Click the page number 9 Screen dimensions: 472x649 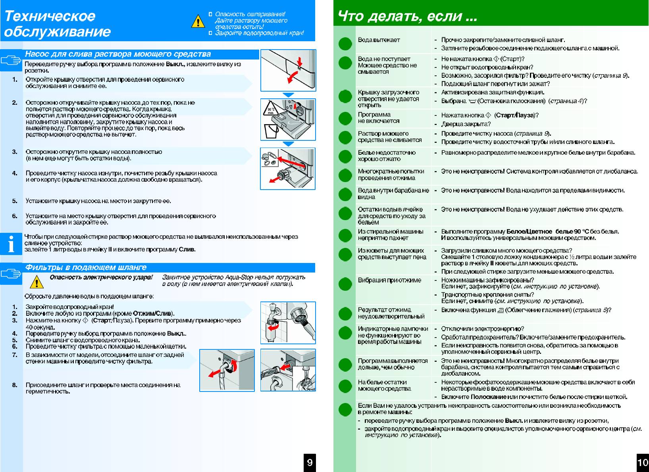coord(310,462)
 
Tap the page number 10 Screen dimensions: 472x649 coord(642,462)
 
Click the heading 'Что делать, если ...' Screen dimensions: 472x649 coord(407,17)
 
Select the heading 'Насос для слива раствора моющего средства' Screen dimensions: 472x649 coord(118,54)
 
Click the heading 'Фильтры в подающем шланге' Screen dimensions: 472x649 coord(86,268)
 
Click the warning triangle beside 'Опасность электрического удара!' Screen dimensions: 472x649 coord(37,282)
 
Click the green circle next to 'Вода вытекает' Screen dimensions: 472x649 coord(345,44)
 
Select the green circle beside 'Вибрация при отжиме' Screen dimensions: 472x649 coord(345,284)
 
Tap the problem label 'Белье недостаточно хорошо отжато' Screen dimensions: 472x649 coord(387,156)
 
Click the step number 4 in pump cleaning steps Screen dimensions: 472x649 coord(15,173)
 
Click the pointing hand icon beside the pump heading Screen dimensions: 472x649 coord(11,60)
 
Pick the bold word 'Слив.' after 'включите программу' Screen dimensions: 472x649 coord(187,249)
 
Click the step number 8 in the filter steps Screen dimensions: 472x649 coord(15,385)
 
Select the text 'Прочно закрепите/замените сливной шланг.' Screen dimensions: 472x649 coord(503,40)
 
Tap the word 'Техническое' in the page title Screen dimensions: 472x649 coord(50,16)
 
